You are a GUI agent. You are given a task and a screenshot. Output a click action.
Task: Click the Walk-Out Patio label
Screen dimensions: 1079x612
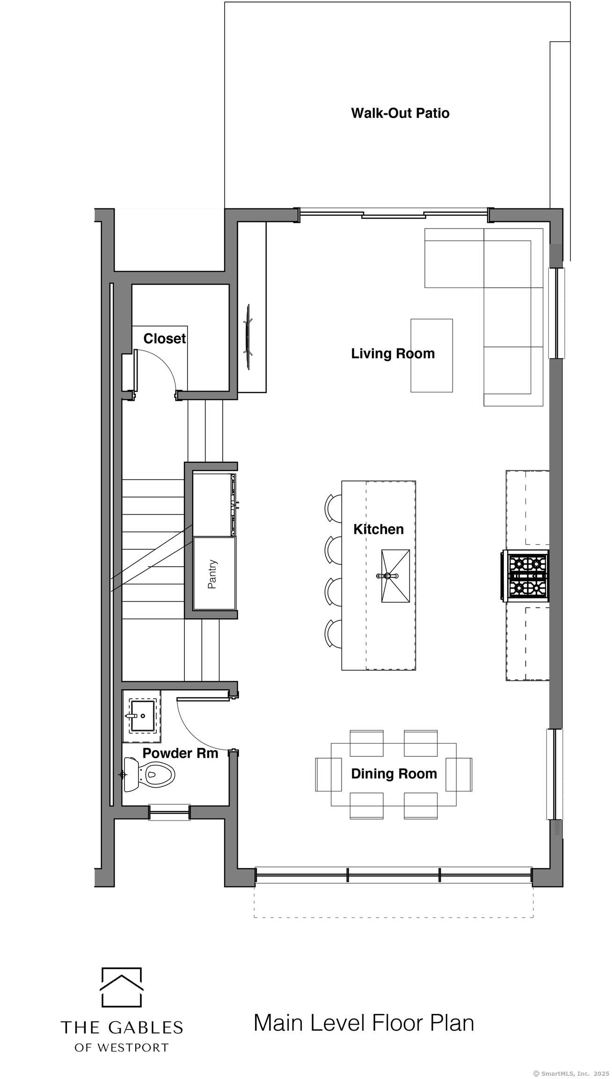point(400,113)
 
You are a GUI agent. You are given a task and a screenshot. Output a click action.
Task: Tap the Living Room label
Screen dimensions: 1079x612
point(393,354)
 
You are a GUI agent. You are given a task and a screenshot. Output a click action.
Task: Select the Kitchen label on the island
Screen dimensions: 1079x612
point(378,530)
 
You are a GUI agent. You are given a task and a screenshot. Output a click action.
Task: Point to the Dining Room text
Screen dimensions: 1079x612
point(394,774)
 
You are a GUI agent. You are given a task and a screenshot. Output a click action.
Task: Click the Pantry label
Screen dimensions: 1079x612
point(212,574)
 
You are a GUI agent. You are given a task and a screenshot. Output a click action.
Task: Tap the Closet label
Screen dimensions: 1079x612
point(164,339)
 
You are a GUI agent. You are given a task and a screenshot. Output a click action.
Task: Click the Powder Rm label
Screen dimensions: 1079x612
point(180,754)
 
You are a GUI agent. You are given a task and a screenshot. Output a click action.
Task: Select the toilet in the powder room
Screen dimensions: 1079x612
point(149,775)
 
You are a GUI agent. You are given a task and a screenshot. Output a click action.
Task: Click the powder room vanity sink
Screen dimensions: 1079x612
point(143,716)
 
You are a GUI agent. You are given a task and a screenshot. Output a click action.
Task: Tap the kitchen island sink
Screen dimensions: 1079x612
point(395,576)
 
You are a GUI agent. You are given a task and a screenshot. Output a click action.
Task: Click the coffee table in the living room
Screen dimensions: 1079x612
point(431,355)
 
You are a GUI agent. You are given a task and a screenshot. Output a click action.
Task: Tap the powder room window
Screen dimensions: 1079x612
point(169,813)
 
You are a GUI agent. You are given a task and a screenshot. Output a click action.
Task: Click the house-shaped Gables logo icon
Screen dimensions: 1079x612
point(122,987)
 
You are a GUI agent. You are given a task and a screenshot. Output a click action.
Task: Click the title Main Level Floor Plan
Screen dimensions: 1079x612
point(364,1023)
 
